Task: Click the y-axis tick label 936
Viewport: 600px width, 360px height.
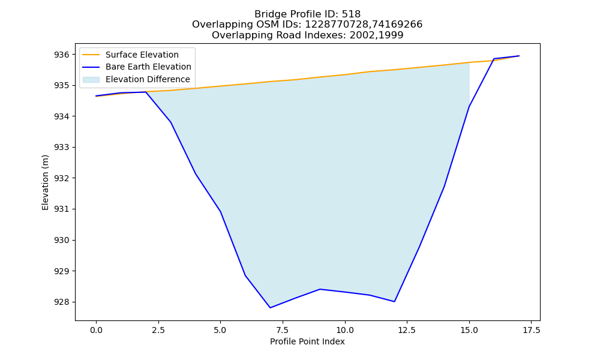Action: coord(62,55)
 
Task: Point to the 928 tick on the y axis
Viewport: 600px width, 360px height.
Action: coord(62,302)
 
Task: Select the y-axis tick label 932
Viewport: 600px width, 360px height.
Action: coord(62,178)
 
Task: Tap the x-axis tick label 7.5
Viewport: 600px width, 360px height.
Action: coord(283,330)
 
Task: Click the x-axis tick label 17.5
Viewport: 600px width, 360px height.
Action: coord(531,330)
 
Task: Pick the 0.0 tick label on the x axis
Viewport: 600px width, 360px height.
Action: coord(96,330)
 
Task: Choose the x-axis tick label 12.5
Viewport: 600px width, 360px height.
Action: coord(407,330)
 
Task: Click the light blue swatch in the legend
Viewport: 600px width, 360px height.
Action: coord(91,80)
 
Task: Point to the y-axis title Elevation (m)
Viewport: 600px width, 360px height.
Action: coord(46,182)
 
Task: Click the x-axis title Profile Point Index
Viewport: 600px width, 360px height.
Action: coord(307,341)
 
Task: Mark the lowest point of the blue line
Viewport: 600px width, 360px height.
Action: coord(270,308)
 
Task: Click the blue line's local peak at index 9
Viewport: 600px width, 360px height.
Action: coord(320,289)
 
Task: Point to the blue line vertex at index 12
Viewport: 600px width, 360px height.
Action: coord(395,301)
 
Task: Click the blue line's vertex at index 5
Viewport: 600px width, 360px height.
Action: coord(220,212)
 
